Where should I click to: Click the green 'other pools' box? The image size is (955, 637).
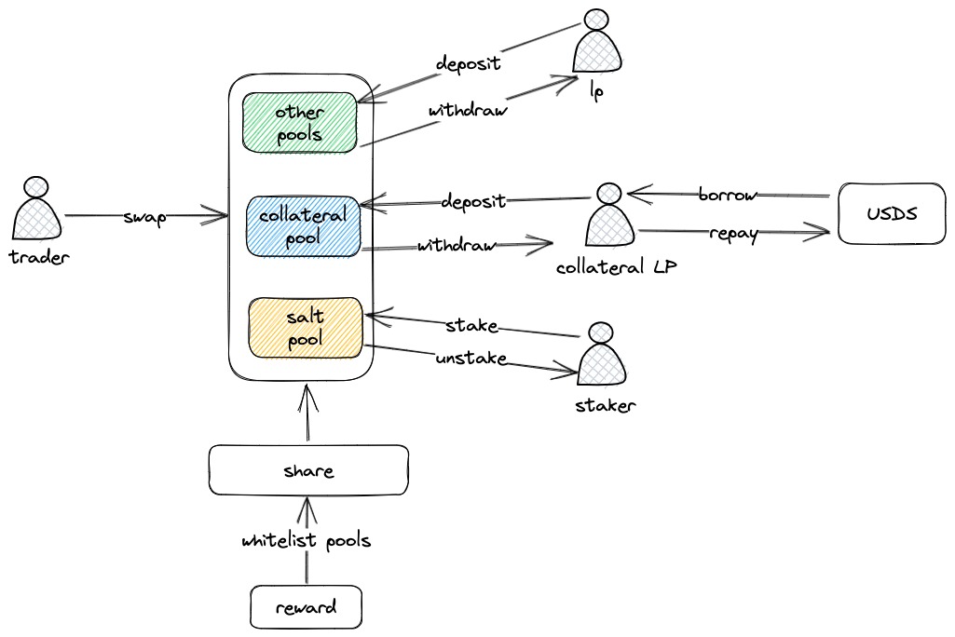point(299,122)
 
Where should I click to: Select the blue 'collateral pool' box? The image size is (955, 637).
point(303,225)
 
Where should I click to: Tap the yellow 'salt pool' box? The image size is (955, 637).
point(305,327)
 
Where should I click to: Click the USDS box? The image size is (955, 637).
point(891,212)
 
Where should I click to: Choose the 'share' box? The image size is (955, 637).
point(308,470)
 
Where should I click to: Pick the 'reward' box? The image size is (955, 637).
point(306,607)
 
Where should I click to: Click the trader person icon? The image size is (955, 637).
point(38,209)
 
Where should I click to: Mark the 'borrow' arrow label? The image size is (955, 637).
point(727,196)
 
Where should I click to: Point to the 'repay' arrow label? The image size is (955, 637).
point(732,233)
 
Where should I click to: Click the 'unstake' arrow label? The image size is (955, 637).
point(471,358)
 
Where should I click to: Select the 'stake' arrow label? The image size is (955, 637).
point(471,326)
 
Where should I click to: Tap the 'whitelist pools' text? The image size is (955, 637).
point(306,541)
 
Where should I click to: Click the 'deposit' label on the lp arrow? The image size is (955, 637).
point(469,63)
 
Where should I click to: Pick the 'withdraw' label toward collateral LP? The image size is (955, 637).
point(456,246)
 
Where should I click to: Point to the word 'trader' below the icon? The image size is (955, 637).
point(39,257)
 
